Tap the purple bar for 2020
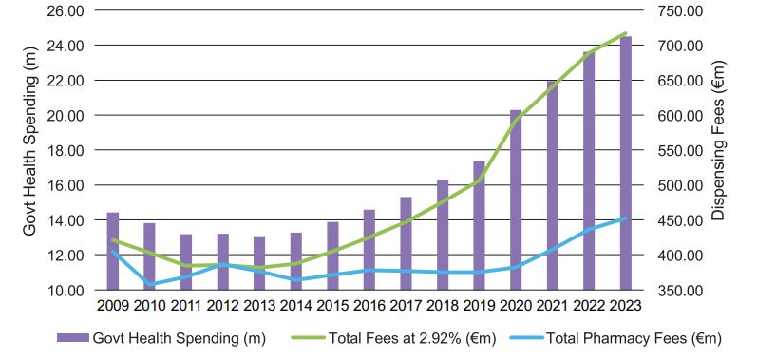(x=516, y=200)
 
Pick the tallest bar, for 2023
(x=626, y=163)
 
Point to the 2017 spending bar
(x=406, y=243)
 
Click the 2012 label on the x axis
(x=222, y=306)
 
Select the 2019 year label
(x=479, y=306)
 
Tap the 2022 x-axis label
(x=589, y=306)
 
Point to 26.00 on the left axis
(x=65, y=10)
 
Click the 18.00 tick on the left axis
(x=65, y=150)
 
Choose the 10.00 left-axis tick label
(x=65, y=291)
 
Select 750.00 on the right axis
(x=677, y=10)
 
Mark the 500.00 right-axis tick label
(x=677, y=185)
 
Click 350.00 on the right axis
(x=677, y=291)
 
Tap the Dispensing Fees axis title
(x=718, y=141)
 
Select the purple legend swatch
(x=72, y=338)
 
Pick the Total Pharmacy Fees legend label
(x=634, y=339)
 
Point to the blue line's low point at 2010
(x=149, y=285)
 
